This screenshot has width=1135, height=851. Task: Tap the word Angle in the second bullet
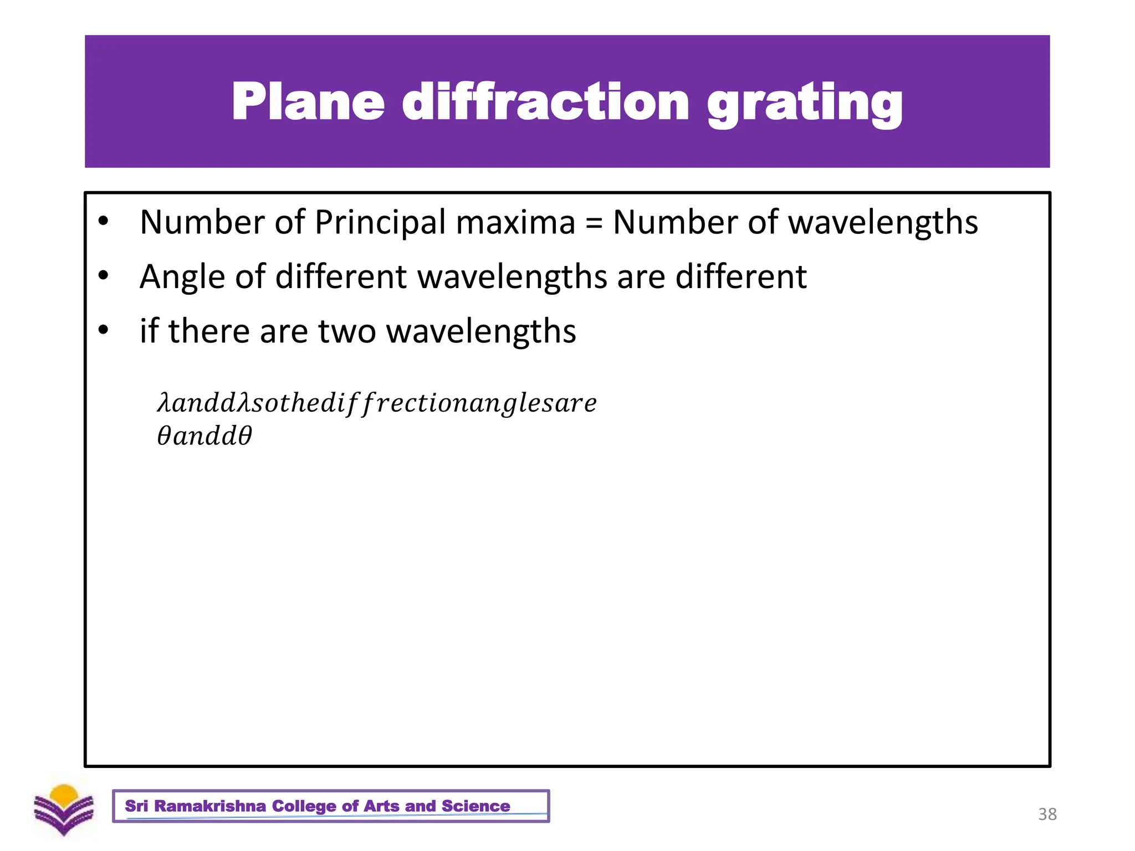182,277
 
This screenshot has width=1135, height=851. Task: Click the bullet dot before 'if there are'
103,330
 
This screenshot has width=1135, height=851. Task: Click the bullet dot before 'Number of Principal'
103,221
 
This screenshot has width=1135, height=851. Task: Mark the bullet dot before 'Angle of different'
103,275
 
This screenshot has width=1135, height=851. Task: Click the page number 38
1047,814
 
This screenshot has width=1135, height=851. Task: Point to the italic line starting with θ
204,436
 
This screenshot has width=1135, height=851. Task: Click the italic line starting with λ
377,403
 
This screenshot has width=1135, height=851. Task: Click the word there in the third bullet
209,331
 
